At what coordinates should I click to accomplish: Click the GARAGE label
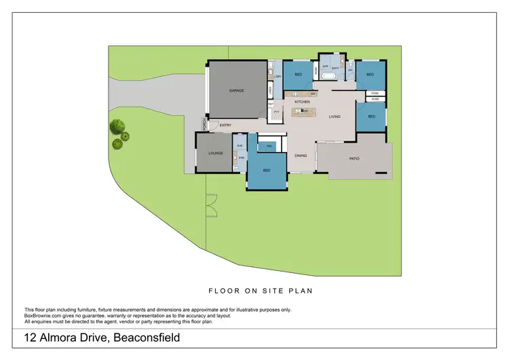pos(236,90)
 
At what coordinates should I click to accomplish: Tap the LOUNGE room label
pos(216,154)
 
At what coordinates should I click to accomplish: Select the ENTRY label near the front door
pos(225,125)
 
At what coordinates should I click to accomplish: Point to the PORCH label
pos(204,124)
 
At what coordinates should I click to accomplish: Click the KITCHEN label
pos(302,102)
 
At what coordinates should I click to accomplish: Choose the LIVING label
pos(335,117)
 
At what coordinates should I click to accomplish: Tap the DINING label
pos(301,156)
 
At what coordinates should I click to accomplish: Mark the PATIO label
pos(354,159)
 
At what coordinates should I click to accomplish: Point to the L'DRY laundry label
pos(278,77)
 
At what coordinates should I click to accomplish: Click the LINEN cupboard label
pos(270,90)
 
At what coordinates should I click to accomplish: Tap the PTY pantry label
pos(276,112)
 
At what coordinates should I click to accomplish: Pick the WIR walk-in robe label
pos(269,145)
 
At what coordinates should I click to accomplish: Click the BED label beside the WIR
pos(267,170)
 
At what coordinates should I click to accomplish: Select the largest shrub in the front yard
pos(119,126)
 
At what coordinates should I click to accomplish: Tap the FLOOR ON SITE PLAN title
pos(255,290)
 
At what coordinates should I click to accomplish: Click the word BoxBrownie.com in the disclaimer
pos(44,315)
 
